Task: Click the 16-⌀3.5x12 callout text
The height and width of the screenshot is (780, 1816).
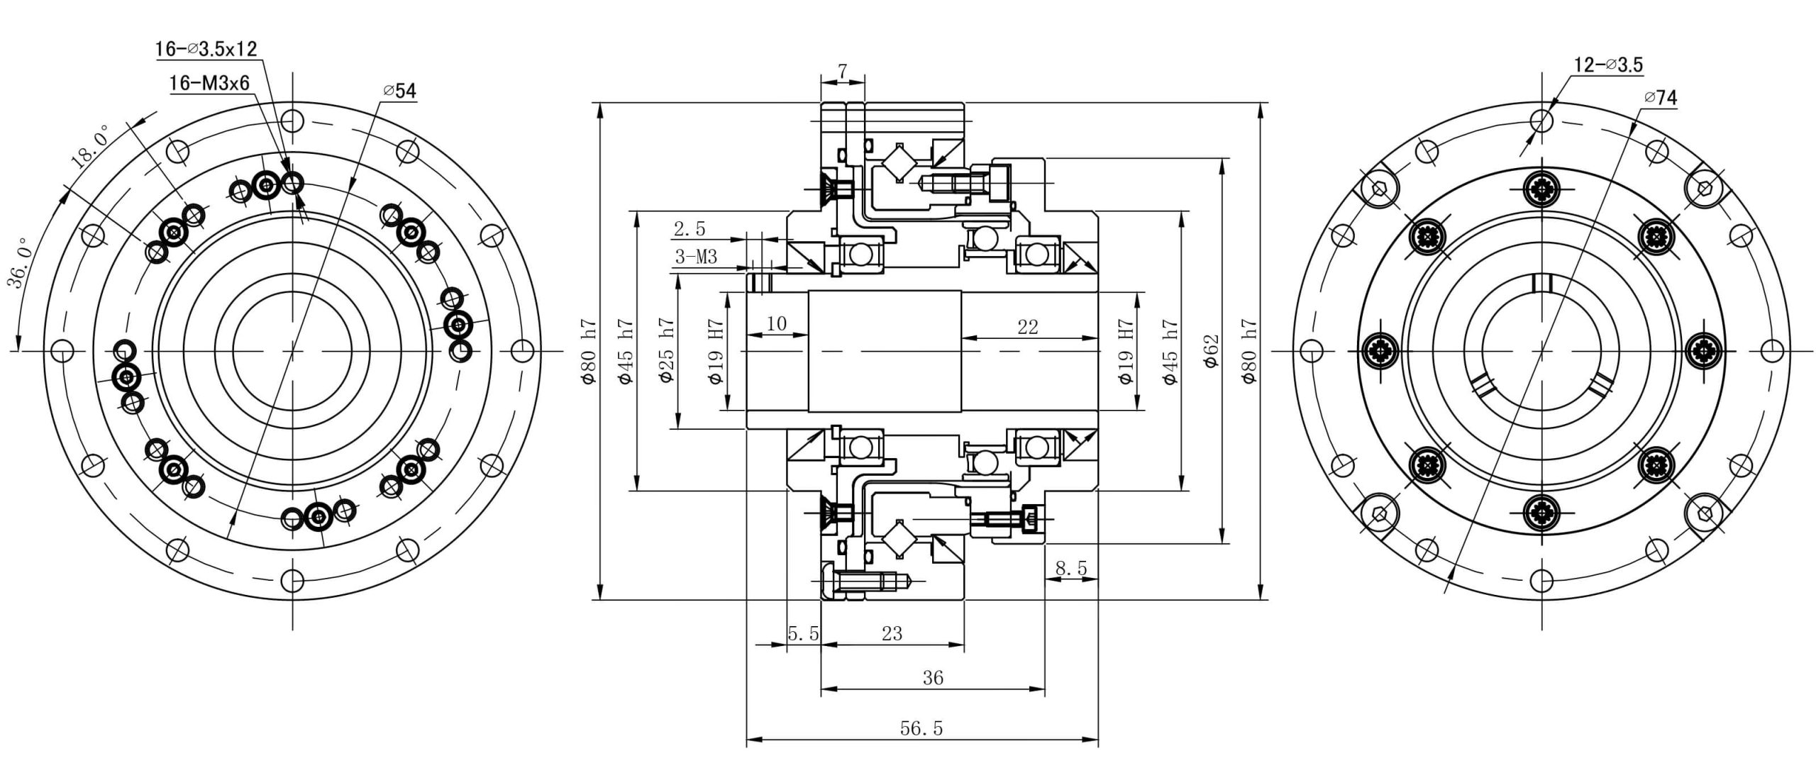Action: click(206, 49)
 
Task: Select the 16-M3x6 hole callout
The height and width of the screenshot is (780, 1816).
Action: click(209, 84)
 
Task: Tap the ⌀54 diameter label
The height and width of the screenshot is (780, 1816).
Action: click(400, 91)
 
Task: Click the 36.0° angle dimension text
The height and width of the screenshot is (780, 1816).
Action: click(21, 263)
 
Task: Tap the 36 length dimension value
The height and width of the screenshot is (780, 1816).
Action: click(933, 678)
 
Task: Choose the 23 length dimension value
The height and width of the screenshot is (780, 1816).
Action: click(892, 633)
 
